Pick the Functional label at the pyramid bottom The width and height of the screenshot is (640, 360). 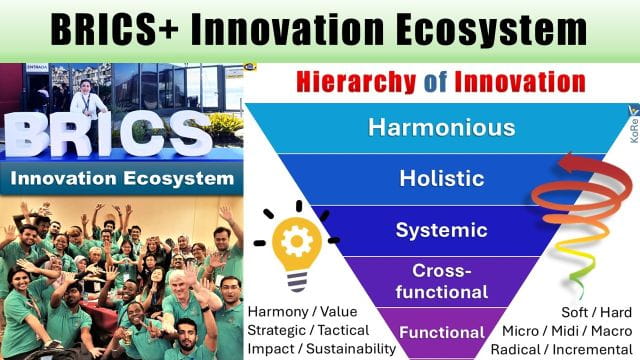pos(427,332)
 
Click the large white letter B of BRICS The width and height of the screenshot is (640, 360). pos(32,134)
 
